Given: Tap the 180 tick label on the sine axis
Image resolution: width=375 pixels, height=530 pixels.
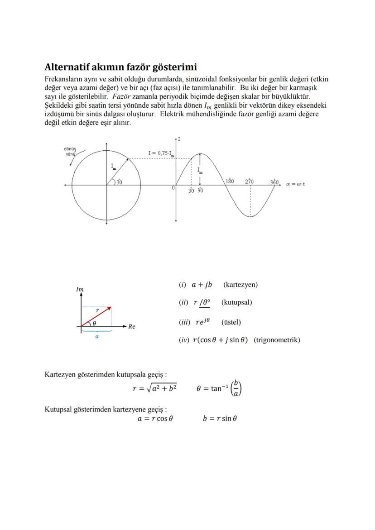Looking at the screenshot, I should coord(230,181).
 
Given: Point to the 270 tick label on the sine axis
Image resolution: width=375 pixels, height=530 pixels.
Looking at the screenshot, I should coord(250,181).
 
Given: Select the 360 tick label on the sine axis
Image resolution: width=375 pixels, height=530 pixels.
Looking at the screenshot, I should coord(274,181).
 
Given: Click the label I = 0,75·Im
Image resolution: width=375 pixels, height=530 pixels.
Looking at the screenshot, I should coord(162,153).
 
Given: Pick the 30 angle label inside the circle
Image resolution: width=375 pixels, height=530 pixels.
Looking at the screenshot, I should coord(119,182).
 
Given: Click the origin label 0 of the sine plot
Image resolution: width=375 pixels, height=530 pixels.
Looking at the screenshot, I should coord(173,187).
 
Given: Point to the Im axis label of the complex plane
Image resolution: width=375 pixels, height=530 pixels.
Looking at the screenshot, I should coord(80,289).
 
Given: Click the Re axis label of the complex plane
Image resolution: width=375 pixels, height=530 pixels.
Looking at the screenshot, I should coord(132,326).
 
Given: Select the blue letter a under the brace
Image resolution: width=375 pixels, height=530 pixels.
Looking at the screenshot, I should coord(97,337).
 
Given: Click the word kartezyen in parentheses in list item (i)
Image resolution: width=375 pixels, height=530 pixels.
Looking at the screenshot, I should coord(240,285).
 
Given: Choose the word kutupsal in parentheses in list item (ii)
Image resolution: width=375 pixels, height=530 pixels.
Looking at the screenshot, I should coord(237,302).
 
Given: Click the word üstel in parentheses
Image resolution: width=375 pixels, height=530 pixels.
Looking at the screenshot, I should coord(231,322).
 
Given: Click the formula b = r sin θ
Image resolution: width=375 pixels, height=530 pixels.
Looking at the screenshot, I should coord(220,418).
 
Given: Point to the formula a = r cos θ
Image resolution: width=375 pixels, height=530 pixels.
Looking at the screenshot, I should coord(155,418).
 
